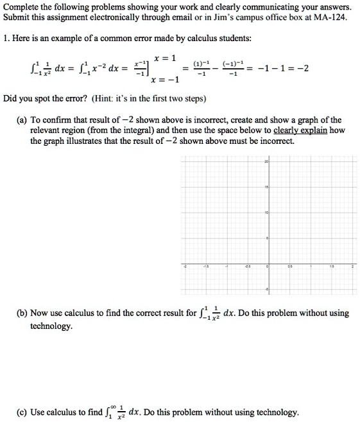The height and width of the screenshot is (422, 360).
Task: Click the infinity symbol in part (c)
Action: (x=112, y=407)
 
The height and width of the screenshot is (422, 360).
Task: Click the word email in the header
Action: (x=182, y=17)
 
